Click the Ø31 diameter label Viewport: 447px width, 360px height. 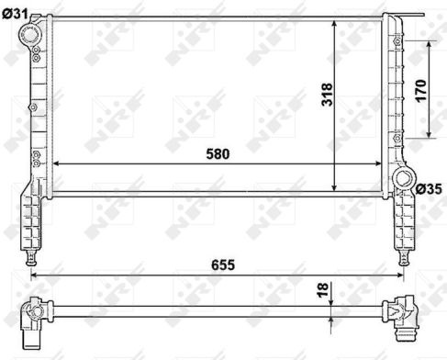(15, 14)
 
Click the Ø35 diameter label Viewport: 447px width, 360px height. (429, 189)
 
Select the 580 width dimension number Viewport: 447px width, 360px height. (218, 154)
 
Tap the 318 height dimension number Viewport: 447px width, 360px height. (327, 95)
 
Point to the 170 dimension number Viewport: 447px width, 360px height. (420, 91)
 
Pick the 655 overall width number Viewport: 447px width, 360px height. (223, 264)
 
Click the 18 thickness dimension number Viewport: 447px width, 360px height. (322, 290)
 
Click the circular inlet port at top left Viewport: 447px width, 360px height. (29, 34)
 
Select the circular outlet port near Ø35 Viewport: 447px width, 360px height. (404, 178)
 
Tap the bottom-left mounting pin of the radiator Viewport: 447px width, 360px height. (31, 258)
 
